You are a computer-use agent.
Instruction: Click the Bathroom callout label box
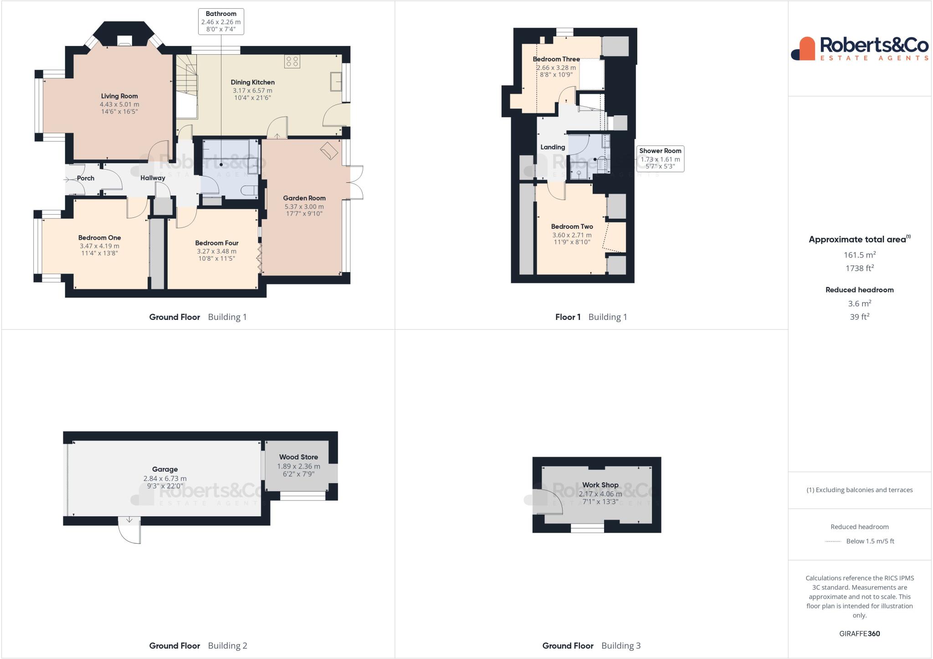221,21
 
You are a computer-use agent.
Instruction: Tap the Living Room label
119,96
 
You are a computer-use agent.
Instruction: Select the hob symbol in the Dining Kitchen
292,61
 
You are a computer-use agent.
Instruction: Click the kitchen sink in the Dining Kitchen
336,82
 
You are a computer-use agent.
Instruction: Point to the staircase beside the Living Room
187,77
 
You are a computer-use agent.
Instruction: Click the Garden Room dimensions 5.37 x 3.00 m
304,206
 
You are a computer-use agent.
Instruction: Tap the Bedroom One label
99,237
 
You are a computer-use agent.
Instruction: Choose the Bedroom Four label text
216,243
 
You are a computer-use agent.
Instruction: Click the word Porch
86,178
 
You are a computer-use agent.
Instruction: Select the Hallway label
153,178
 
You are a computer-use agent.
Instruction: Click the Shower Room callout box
660,159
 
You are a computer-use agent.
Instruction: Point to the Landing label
553,147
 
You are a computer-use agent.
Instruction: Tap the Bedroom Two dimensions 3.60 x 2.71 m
572,235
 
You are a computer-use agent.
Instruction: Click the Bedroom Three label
556,59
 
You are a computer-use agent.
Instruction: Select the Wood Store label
298,457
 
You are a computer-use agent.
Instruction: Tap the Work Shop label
600,485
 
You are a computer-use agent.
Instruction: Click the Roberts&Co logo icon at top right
803,49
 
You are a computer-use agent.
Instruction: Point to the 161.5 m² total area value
859,255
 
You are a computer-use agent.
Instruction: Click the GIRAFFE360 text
859,633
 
